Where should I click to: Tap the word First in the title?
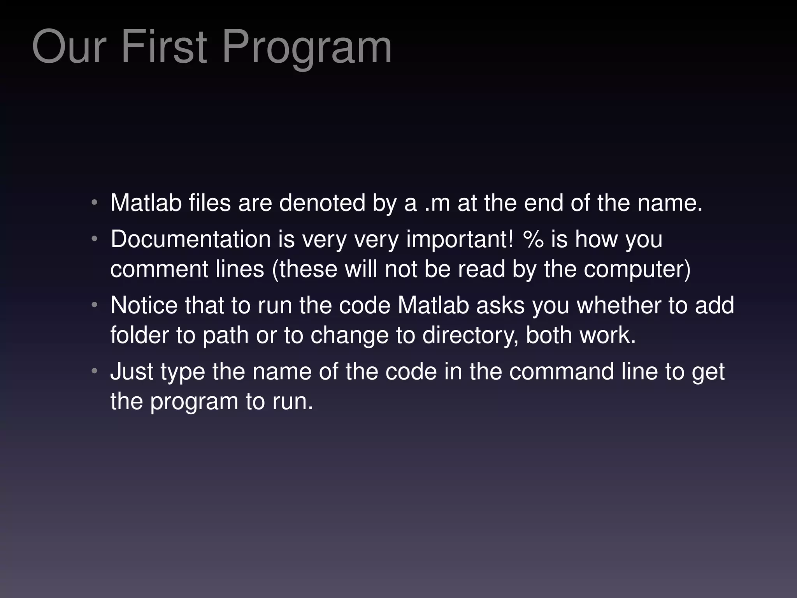pos(164,47)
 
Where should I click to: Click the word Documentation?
pos(191,239)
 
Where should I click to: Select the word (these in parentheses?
pos(305,269)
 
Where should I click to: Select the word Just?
pos(132,371)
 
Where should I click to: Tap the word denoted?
pos(322,203)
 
